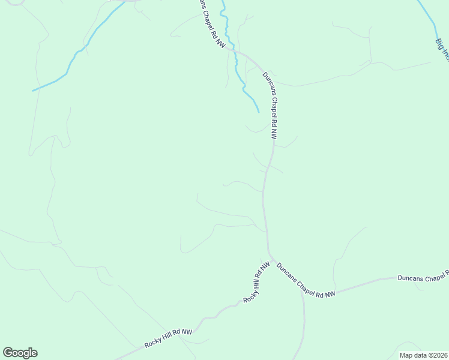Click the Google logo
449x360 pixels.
(20, 353)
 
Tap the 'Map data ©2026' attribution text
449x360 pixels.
(423, 355)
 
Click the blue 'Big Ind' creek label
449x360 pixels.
(442, 49)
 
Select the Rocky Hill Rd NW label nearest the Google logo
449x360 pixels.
(168, 338)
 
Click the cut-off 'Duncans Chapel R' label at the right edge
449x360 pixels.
(423, 277)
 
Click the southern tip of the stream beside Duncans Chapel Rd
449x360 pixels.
(259, 112)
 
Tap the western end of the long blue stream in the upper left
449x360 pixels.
(33, 91)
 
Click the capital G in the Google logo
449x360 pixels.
(8, 353)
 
